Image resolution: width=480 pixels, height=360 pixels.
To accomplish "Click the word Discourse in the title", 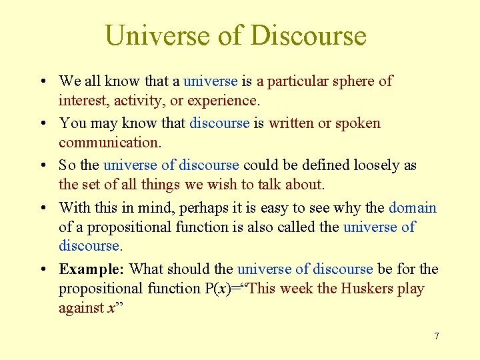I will (x=309, y=35).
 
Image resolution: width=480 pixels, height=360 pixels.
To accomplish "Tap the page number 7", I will (x=437, y=336).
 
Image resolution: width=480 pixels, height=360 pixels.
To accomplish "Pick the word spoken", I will (x=357, y=123).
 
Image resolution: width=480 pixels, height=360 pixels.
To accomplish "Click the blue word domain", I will (x=413, y=207).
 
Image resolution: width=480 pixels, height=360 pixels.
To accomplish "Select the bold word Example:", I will (x=92, y=269).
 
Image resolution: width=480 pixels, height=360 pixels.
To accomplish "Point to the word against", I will (x=81, y=308).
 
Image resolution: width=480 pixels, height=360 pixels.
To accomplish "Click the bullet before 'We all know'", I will (x=43, y=81).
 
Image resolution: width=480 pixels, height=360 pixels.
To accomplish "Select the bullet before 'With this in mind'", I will (x=43, y=207).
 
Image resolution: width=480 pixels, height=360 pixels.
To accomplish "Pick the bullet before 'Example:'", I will (x=43, y=269).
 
